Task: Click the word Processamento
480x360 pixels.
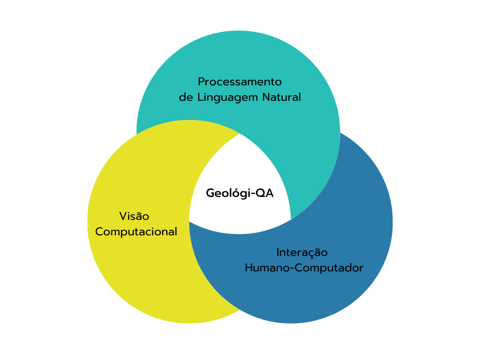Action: (x=240, y=82)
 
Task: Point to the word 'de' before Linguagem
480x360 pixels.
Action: (x=186, y=97)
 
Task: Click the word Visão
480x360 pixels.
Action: (x=134, y=217)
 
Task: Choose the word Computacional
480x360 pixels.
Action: (x=136, y=232)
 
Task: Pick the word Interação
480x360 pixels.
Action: (x=302, y=253)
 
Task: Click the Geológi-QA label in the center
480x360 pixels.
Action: (x=240, y=193)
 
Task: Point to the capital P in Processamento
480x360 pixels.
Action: (x=201, y=82)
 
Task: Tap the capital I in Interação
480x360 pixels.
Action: (x=278, y=253)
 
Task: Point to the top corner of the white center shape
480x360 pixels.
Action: (x=240, y=135)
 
